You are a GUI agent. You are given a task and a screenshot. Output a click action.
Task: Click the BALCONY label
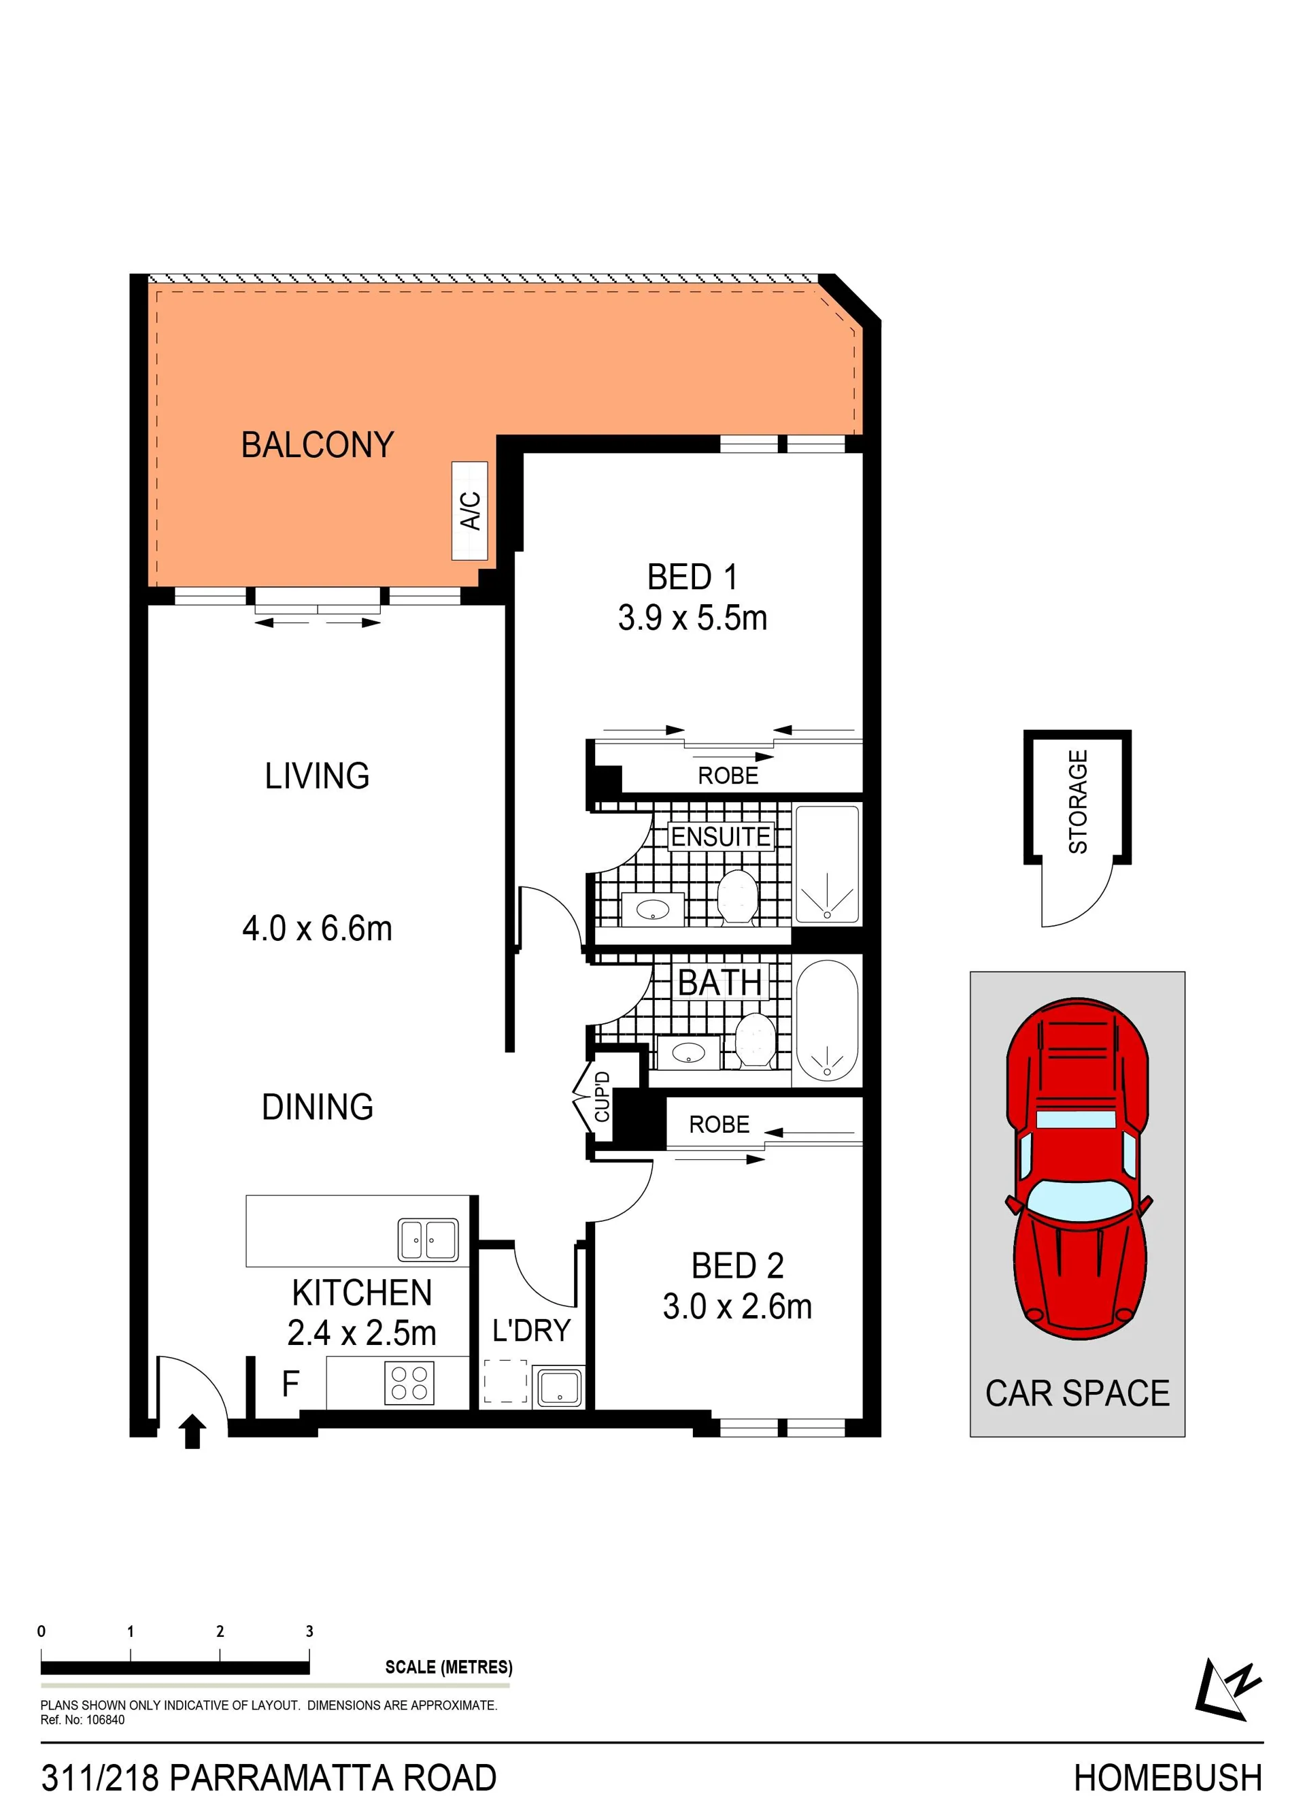coord(318,445)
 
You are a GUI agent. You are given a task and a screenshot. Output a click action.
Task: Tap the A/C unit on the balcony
coord(469,511)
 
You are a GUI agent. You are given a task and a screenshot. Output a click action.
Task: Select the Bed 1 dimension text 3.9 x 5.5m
coord(693,618)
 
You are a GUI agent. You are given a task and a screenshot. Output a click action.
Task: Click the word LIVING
coord(317,776)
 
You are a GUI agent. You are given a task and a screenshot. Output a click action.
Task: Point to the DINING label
coord(318,1107)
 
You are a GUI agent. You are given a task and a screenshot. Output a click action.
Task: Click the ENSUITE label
coord(721,837)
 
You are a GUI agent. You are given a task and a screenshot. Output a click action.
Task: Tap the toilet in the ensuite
coord(736,898)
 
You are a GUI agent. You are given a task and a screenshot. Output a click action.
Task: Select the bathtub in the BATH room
coord(828,1020)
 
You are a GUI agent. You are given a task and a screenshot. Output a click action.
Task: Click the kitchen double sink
coord(428,1240)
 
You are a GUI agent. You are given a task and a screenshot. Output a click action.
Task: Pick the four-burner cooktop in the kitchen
coord(409,1383)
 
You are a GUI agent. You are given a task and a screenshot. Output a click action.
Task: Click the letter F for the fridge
coord(290,1384)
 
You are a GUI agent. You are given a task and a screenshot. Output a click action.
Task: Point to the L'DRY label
coord(532,1331)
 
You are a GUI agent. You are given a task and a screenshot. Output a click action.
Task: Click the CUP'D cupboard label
coord(603,1097)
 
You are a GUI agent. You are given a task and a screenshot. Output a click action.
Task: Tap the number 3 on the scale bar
coord(309,1631)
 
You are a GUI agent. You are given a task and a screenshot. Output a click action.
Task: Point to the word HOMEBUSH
coord(1168,1778)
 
